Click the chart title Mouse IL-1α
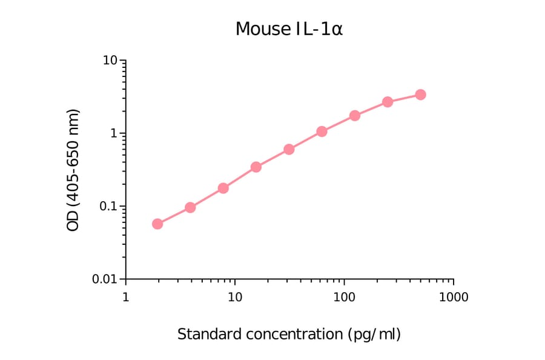289,29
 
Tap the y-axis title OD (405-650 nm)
73,170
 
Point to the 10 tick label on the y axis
110,61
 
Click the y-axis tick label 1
114,133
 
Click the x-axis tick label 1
125,298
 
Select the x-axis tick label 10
235,298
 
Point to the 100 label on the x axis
344,298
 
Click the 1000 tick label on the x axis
454,298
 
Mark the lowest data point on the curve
157,224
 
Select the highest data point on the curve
420,95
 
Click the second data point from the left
190,207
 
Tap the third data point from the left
223,188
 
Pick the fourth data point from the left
256,167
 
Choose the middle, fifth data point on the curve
289,149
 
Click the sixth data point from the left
322,132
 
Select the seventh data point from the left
355,115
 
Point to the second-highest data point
388,102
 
